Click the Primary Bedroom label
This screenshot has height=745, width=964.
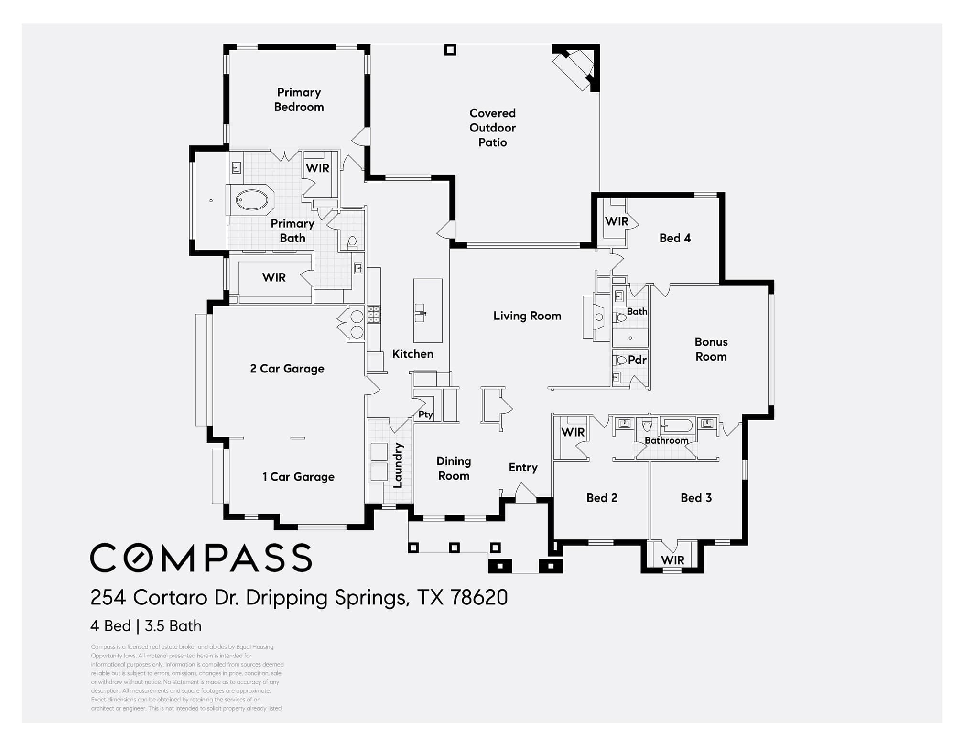tap(299, 99)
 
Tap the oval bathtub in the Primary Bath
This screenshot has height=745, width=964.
tap(252, 200)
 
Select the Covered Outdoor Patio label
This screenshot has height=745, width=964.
tap(492, 128)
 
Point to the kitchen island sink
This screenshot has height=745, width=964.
tap(420, 313)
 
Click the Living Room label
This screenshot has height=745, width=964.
tap(527, 316)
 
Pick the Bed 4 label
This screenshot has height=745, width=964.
tap(675, 238)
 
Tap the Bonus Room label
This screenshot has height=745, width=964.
tap(711, 349)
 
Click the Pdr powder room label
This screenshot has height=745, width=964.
tap(637, 360)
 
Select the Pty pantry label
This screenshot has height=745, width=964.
tap(425, 415)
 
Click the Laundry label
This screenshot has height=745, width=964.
tap(398, 465)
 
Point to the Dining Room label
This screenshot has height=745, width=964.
tap(454, 469)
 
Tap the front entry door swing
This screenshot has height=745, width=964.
tap(525, 493)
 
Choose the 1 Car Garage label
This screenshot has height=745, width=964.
tap(298, 477)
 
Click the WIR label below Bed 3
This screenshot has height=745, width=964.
tap(672, 560)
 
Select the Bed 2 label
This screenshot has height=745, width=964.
tap(602, 498)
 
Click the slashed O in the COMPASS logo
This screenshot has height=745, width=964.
tap(141, 558)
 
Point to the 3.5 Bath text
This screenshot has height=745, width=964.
tap(173, 626)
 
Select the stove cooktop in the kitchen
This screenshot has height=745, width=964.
tap(374, 315)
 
